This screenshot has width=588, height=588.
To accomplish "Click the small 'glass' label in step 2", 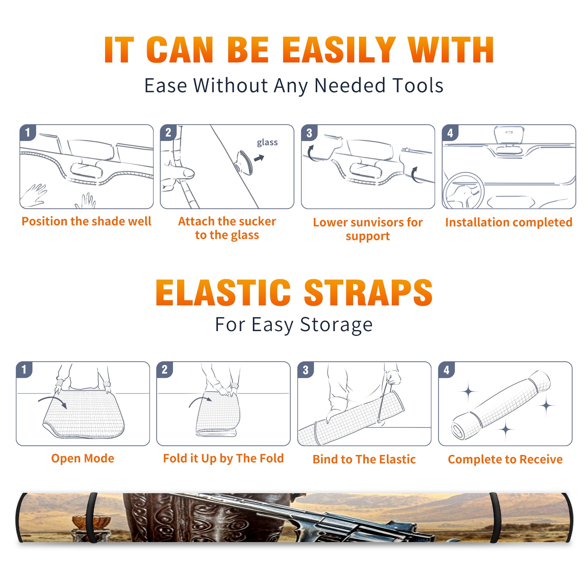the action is (267, 143).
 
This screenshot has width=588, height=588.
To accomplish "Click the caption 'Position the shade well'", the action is (86, 221).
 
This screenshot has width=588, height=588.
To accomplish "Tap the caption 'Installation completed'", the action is (509, 222).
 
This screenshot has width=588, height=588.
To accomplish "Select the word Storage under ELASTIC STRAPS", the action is (336, 325).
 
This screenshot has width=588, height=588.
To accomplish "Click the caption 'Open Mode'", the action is (83, 458).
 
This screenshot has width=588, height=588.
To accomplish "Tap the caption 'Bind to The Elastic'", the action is (364, 459).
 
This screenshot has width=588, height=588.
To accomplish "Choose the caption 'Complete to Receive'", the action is (505, 459).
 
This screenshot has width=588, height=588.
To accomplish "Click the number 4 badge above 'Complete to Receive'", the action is (447, 370).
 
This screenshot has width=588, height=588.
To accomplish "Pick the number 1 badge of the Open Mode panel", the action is (24, 369).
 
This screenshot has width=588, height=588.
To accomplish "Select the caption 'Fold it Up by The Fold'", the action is (223, 458).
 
